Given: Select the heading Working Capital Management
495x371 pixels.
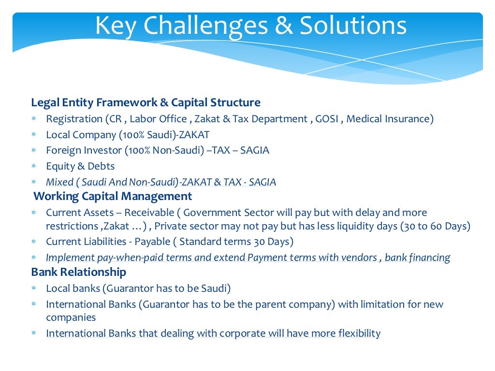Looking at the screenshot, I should point(113,196).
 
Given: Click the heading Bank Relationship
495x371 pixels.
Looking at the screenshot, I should point(79,272).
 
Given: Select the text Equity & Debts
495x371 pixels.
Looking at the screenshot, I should point(80,166).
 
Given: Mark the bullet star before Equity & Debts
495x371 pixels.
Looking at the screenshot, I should point(34,167).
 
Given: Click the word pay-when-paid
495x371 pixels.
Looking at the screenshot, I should point(121,257).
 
